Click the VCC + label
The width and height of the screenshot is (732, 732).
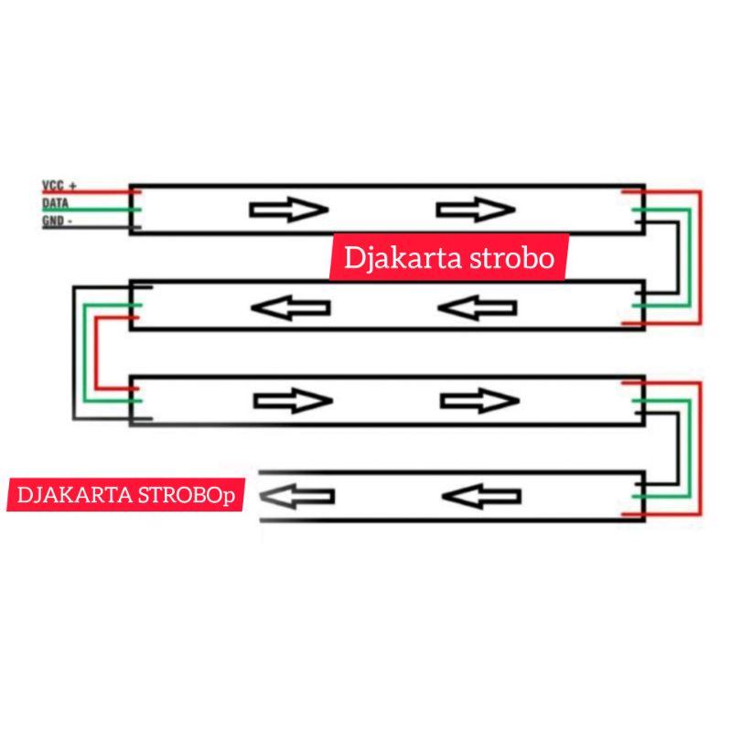59,186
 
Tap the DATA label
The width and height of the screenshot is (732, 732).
55,203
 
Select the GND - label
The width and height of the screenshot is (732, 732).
57,221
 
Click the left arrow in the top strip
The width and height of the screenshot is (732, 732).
289,210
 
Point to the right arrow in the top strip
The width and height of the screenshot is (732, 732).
476,210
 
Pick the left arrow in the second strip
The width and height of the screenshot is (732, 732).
291,307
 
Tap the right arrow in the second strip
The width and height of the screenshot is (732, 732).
478,307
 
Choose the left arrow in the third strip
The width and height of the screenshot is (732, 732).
293,401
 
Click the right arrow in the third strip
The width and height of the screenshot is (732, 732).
479,401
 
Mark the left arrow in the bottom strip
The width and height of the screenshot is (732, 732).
296,496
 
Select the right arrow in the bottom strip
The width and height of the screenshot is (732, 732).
481,496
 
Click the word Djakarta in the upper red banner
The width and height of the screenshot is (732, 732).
403,258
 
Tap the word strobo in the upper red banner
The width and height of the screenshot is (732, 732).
512,258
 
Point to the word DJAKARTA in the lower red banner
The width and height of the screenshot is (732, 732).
75,495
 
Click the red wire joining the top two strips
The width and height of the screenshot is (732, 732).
700,257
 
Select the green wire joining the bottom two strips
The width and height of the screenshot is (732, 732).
690,448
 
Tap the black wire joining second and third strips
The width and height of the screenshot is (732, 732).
73,352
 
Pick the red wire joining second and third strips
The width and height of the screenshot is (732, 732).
96,352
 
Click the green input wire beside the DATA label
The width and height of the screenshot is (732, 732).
91,210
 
